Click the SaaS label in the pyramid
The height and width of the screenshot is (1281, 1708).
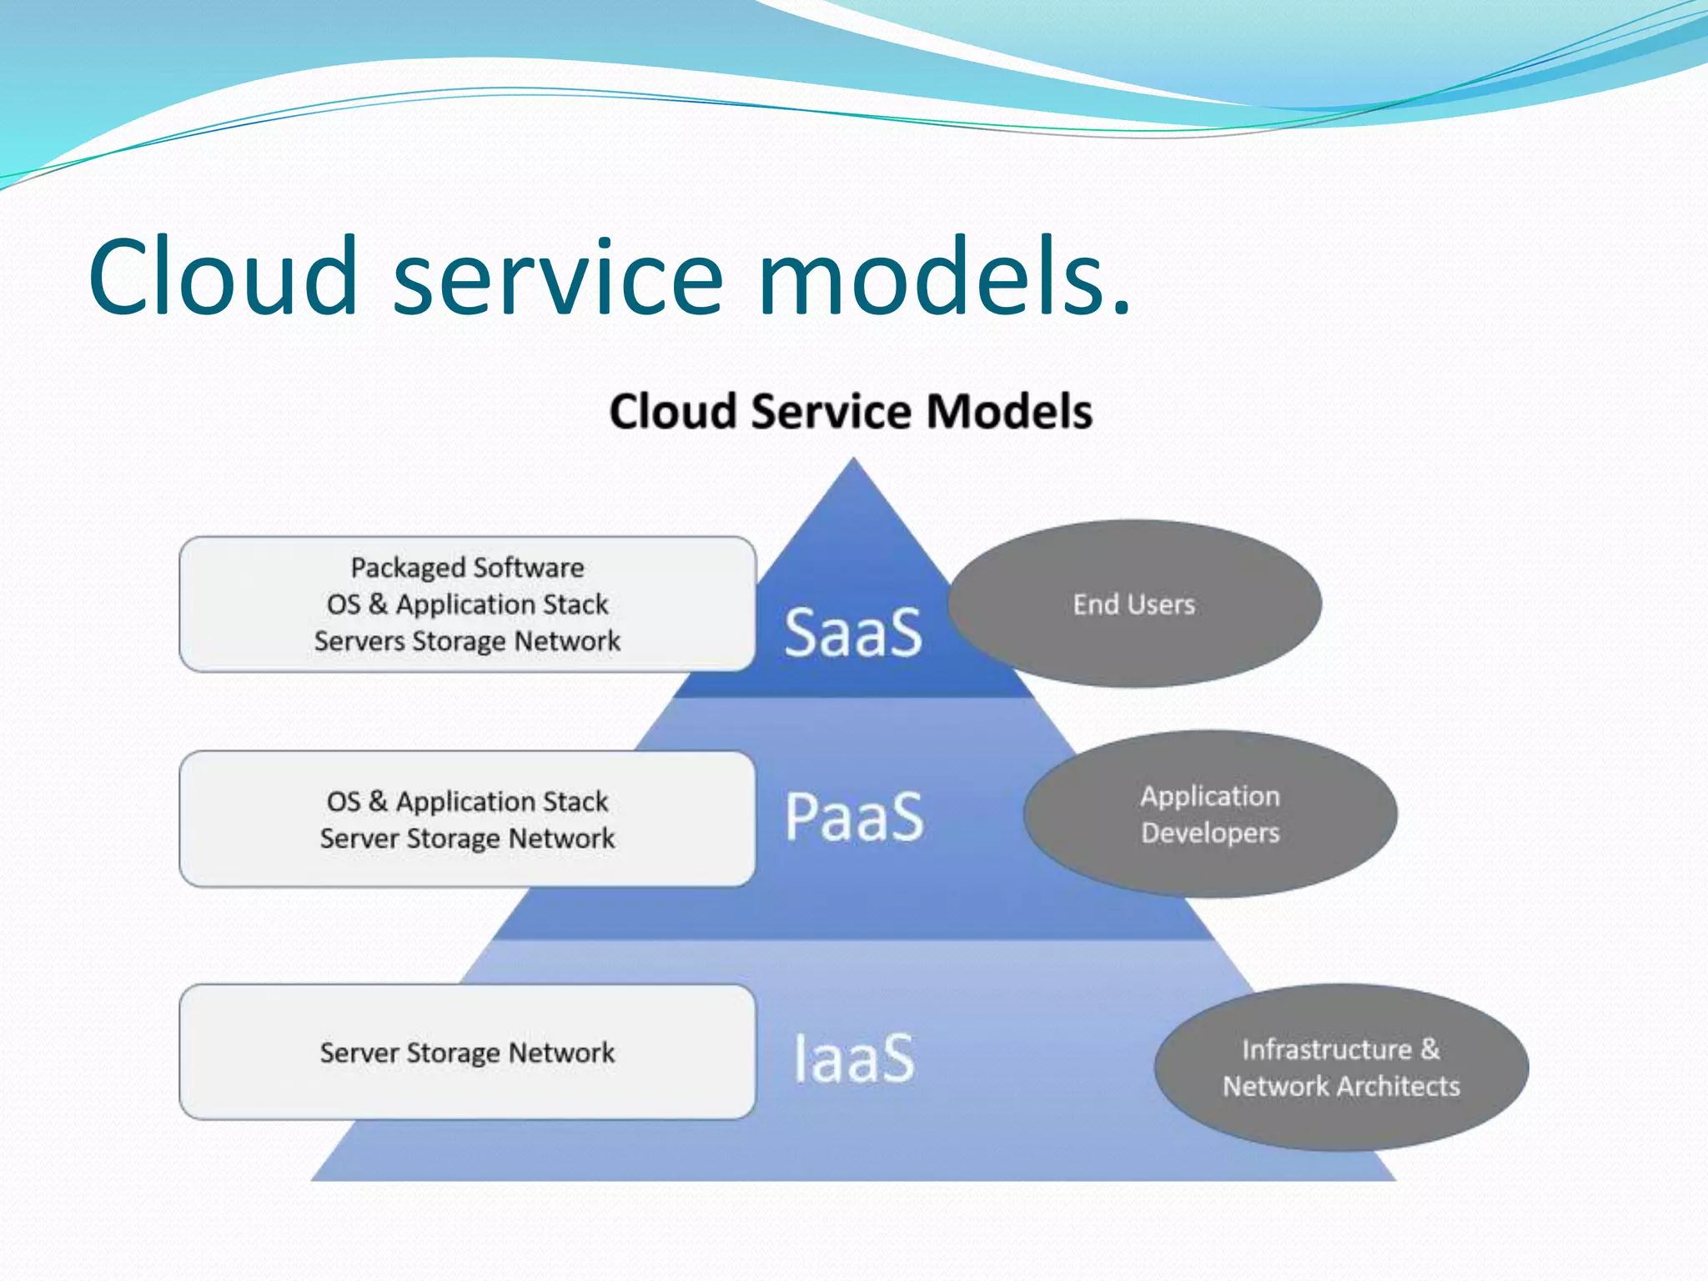click(853, 632)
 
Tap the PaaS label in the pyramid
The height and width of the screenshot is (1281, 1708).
click(855, 816)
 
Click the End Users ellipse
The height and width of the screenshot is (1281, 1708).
click(1134, 604)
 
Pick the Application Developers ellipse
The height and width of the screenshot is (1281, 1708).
click(1210, 814)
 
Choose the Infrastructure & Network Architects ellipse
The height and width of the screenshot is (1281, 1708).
click(1341, 1067)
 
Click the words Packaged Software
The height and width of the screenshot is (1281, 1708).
click(467, 568)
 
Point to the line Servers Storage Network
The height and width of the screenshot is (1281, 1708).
click(467, 641)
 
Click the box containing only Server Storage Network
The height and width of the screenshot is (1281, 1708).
click(467, 1052)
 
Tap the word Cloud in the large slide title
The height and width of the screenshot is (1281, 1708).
click(224, 277)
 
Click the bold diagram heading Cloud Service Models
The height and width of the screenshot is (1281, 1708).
click(851, 412)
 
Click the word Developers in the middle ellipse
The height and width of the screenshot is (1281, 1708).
click(1210, 833)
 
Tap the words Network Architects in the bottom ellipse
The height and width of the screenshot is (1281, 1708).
click(1341, 1087)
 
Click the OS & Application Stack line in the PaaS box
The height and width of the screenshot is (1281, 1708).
click(467, 801)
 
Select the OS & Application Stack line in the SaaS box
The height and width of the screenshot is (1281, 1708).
click(467, 605)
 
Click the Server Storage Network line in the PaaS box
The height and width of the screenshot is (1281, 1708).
click(467, 838)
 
